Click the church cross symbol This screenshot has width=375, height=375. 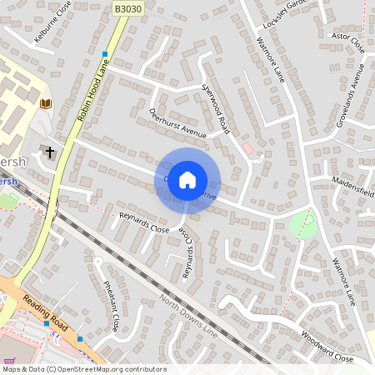pos(50,152)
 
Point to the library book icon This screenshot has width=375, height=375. pos(45,103)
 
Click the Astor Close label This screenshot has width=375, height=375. pos(347,41)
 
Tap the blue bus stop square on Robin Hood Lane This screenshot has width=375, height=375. pos(105,53)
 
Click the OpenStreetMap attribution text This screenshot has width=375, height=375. pos(84,369)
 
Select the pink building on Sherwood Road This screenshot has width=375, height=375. pos(247,148)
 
